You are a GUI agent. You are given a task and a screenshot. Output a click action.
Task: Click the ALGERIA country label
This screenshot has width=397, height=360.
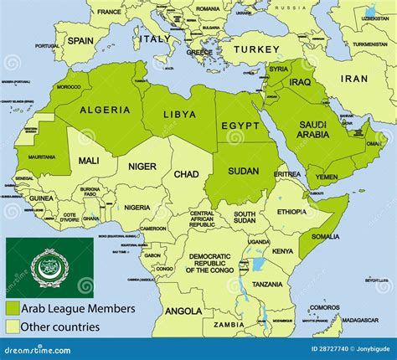click(105, 110)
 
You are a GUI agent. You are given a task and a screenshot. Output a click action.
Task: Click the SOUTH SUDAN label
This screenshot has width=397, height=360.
click(245, 216)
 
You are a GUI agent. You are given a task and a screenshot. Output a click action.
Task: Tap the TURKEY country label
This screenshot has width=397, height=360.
click(255, 49)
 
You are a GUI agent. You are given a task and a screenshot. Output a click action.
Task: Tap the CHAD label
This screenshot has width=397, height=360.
click(186, 174)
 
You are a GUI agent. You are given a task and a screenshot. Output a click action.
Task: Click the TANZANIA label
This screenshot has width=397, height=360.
click(266, 284)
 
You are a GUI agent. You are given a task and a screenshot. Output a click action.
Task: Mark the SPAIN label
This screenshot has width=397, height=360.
click(80, 40)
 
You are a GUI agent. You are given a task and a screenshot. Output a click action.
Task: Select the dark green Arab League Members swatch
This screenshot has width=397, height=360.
click(14, 309)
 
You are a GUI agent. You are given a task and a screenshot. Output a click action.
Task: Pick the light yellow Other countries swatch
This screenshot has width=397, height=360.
click(14, 327)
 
